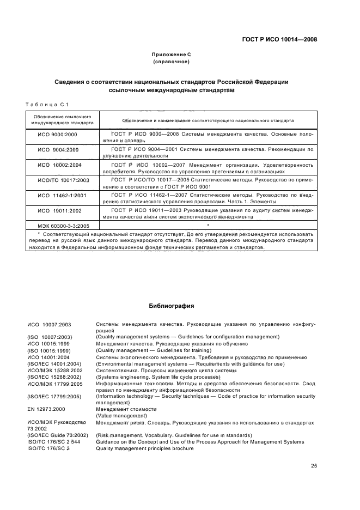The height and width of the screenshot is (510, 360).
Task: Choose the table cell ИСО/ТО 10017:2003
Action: (x=58, y=179)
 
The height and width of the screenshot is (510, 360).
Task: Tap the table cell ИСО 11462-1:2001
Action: (x=59, y=195)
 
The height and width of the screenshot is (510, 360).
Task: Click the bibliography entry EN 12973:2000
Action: (x=46, y=409)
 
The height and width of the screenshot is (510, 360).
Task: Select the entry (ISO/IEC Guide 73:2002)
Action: (x=57, y=435)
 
